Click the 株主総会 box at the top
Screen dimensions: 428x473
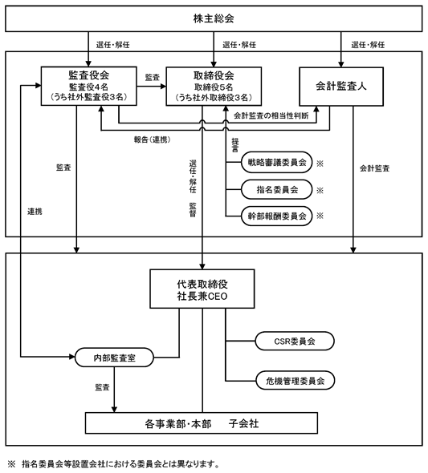click(214, 18)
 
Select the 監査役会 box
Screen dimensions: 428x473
click(89, 87)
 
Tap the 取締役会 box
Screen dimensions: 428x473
click(214, 87)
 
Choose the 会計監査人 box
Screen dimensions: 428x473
click(341, 87)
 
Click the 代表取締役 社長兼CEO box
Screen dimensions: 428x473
click(202, 289)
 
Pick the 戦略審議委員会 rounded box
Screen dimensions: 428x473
click(276, 162)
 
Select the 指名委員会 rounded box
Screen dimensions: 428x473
click(276, 189)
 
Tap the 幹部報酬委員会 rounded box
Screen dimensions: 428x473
click(276, 216)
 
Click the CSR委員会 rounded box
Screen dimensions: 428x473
click(295, 342)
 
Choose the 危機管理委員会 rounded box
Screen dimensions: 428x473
click(295, 381)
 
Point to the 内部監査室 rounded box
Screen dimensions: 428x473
click(114, 358)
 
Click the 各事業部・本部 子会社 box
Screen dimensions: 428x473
click(202, 423)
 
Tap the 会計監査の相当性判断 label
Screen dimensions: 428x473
click(271, 115)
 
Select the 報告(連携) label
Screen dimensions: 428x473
click(153, 139)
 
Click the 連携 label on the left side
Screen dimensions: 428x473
click(35, 212)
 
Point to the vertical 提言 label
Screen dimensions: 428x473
click(235, 145)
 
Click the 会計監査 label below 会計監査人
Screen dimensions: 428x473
click(374, 168)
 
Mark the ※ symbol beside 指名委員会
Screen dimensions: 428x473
click(320, 190)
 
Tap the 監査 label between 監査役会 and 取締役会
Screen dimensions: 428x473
click(153, 78)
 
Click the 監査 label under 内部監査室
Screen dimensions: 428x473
click(102, 387)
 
